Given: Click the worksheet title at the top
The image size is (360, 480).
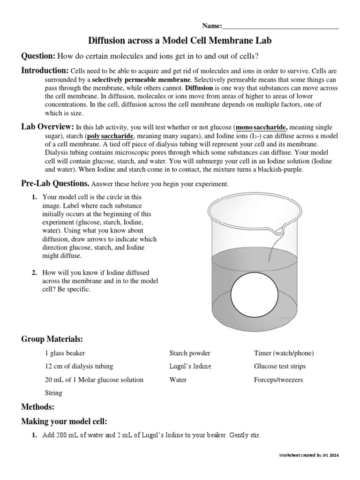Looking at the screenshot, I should tap(180, 41).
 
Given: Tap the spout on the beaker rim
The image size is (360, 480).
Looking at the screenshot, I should tap(280, 230).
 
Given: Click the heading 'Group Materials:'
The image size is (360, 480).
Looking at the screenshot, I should tap(52, 339).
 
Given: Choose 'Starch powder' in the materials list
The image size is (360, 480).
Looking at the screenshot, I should tap(189, 353).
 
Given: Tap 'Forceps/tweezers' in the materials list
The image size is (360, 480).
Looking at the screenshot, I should tap(278, 380).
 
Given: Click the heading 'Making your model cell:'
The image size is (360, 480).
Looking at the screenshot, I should tap(64, 421).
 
